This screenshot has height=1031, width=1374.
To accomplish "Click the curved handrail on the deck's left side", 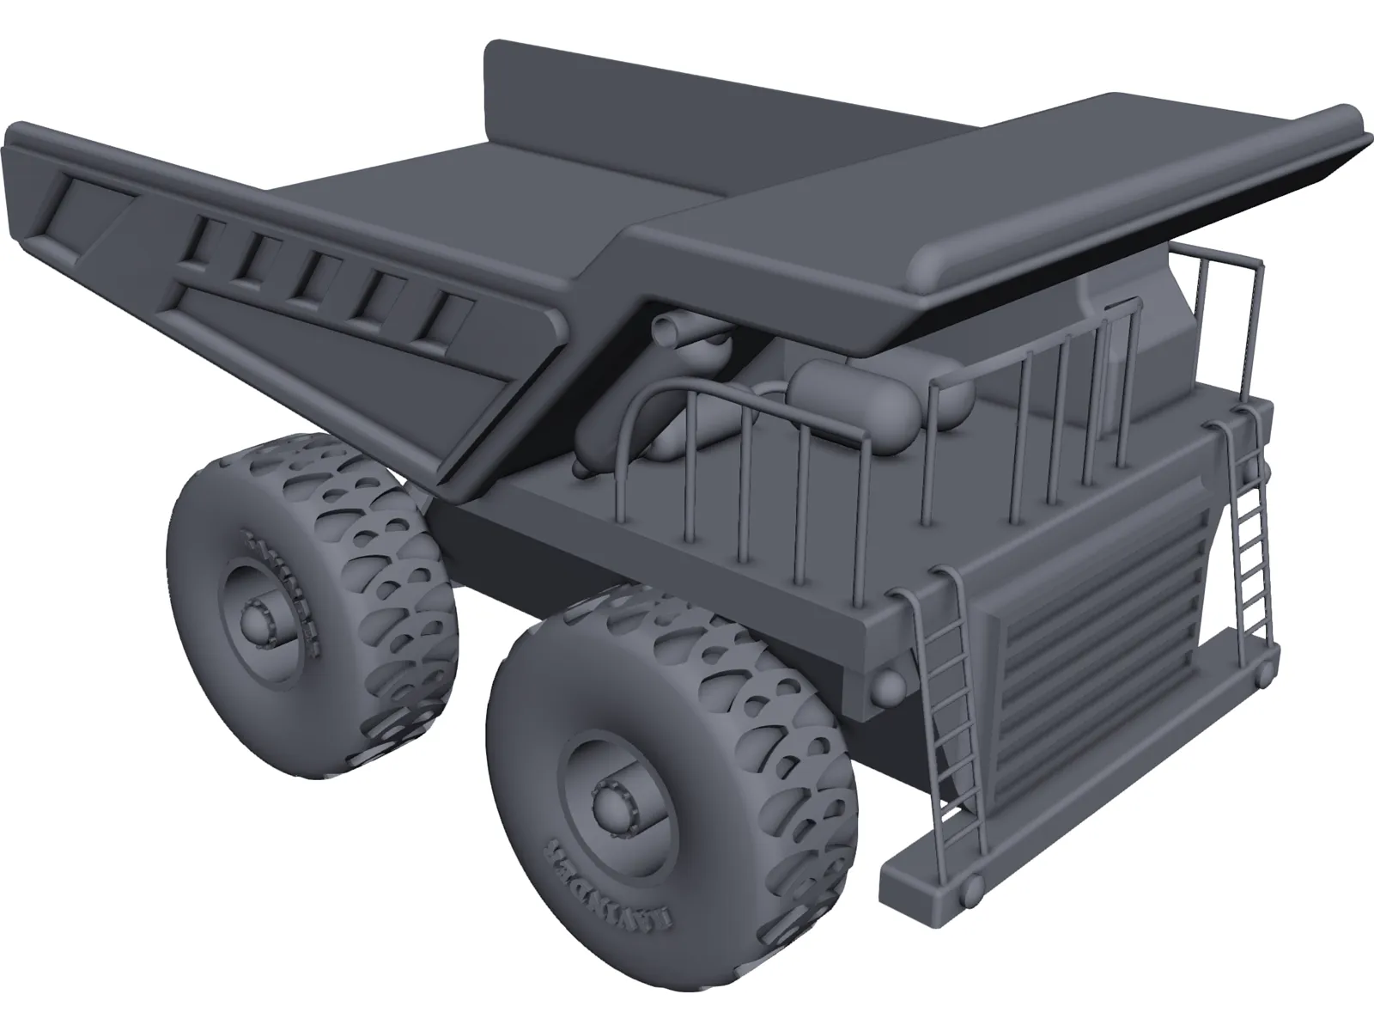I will [653, 404].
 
